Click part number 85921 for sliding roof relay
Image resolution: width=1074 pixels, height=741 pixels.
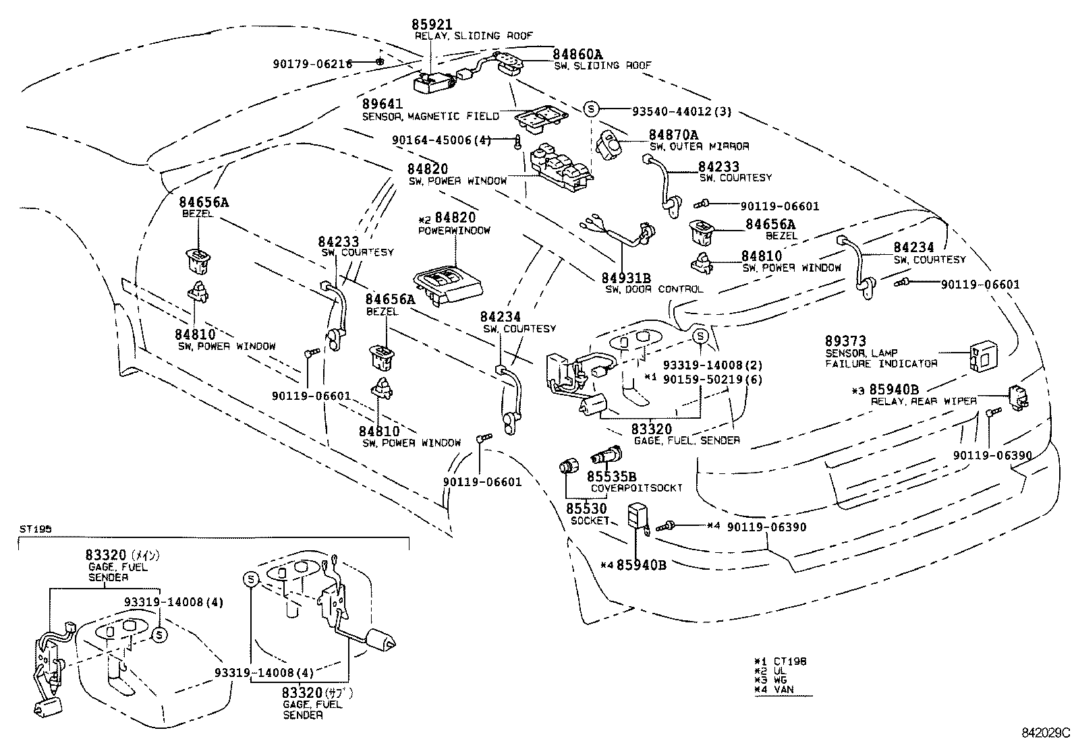(432, 24)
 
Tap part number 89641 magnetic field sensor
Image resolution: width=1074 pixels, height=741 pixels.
(383, 105)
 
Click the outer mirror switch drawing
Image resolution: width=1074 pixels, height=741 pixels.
(611, 144)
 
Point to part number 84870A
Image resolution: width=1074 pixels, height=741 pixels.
(673, 135)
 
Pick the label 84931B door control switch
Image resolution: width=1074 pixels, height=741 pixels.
(626, 278)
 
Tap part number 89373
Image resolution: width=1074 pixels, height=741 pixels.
(845, 341)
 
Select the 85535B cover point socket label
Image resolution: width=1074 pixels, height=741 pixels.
(611, 477)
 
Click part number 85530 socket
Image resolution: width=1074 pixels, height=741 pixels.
(586, 508)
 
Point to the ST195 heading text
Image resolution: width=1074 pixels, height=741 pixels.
(31, 529)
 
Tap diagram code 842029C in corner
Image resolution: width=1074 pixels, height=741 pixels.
(1045, 732)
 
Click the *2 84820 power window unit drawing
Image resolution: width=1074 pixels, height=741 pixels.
(449, 283)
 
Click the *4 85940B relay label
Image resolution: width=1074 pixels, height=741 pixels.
(633, 564)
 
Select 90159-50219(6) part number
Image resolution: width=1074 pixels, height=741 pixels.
(712, 380)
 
